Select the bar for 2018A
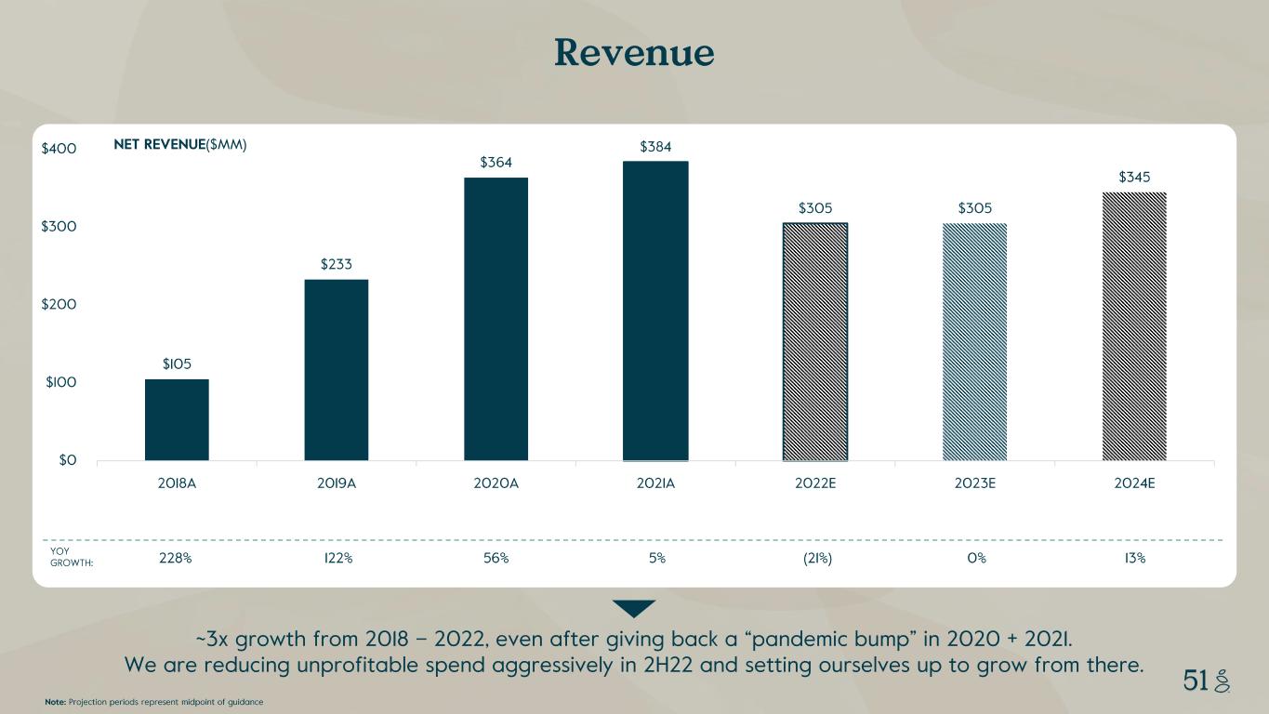[x=177, y=419]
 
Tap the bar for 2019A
[x=337, y=370]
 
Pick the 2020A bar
[x=496, y=319]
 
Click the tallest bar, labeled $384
[x=655, y=311]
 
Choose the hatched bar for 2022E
[x=814, y=341]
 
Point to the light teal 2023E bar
[x=974, y=341]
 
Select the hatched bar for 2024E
[x=1134, y=325]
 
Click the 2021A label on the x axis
[x=655, y=483]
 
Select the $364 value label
[x=496, y=163]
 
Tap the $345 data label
[x=1134, y=177]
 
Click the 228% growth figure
[x=177, y=559]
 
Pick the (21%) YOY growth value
[x=814, y=559]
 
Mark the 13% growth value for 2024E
[x=1134, y=559]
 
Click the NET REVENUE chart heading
[x=179, y=145]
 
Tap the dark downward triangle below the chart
[x=634, y=608]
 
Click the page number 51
[x=1196, y=681]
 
